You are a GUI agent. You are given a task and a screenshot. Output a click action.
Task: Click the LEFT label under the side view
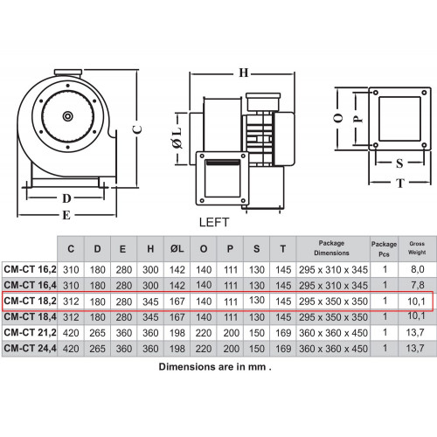[214, 222]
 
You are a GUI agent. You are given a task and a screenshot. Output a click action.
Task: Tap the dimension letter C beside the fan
[137, 129]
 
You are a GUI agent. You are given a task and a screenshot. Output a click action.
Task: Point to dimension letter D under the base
[66, 198]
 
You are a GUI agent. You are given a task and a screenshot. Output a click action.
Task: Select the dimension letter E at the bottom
[66, 215]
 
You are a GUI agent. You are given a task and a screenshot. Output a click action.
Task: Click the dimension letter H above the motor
[244, 73]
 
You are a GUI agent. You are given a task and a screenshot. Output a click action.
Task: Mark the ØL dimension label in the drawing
[177, 138]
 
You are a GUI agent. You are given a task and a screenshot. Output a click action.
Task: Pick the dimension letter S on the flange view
[399, 163]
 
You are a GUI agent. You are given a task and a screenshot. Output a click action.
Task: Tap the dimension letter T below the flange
[400, 184]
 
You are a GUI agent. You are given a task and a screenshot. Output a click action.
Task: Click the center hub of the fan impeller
[68, 116]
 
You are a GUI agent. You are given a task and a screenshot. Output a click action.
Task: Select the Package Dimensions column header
[331, 248]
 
